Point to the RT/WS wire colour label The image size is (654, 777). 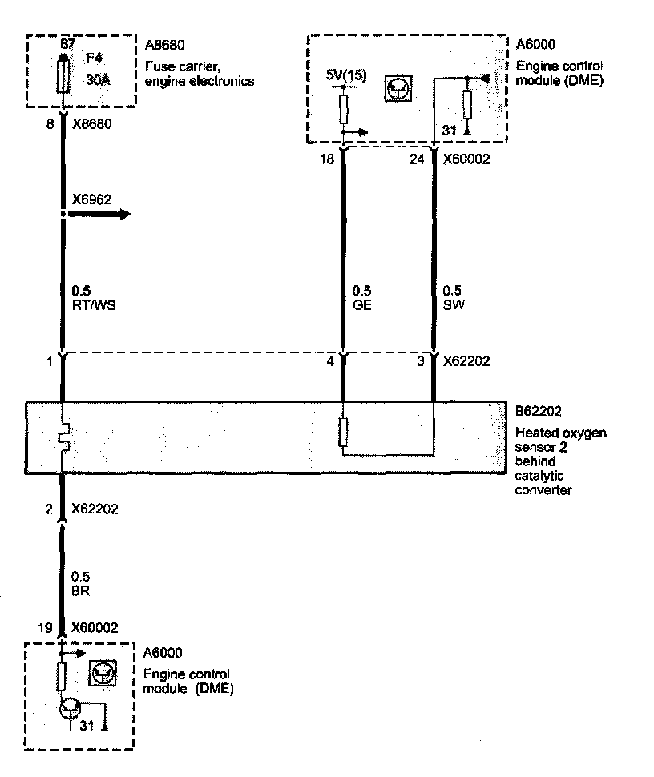click(x=91, y=304)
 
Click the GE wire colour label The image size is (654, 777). click(x=361, y=304)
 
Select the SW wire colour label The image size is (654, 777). click(x=453, y=304)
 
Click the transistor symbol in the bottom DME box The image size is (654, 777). click(x=70, y=708)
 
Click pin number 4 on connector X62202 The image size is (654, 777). click(x=329, y=362)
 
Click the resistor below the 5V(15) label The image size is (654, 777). click(x=343, y=108)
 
